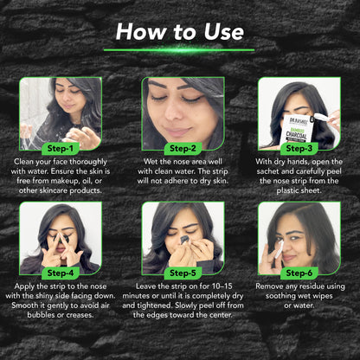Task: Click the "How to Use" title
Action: [x=180, y=32]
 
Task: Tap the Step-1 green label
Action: [x=60, y=149]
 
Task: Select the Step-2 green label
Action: [x=183, y=149]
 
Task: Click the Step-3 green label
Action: [x=299, y=149]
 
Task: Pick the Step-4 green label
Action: [x=60, y=273]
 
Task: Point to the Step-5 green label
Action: [x=183, y=273]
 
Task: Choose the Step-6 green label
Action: [x=299, y=273]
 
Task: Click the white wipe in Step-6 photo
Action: [x=280, y=249]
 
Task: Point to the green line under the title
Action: [x=179, y=50]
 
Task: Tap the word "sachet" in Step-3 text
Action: [x=268, y=171]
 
